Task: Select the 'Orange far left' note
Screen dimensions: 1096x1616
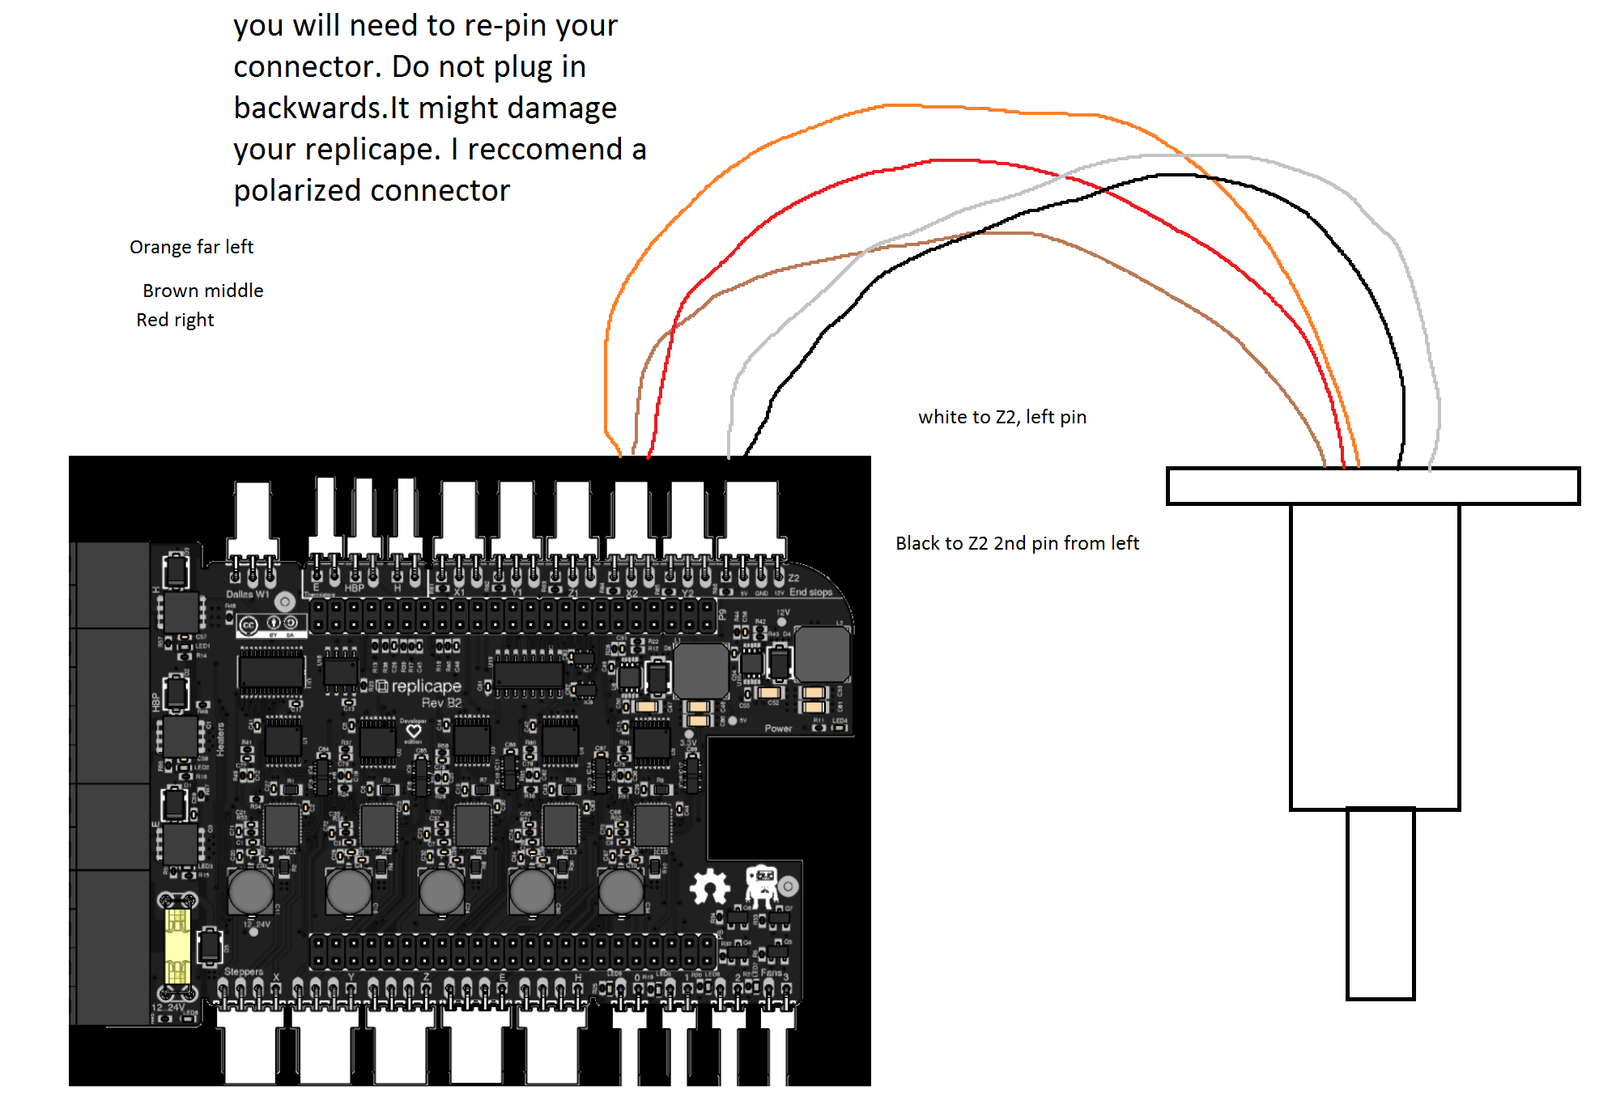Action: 191,247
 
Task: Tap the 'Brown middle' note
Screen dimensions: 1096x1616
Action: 202,291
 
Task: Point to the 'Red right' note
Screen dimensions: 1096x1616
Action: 175,320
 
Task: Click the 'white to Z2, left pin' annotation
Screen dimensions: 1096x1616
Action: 1001,417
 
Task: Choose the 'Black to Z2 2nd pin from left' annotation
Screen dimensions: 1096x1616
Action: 1017,543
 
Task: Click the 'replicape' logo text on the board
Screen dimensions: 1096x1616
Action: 426,686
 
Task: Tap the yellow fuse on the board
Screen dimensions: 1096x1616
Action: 177,945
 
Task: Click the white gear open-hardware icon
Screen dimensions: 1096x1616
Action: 710,886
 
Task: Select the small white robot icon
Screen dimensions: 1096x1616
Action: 761,884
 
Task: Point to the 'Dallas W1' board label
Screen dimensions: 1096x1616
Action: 247,594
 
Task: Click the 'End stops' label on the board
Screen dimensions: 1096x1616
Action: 810,592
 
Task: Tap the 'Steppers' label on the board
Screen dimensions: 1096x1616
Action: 244,971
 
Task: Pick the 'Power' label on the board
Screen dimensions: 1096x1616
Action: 778,729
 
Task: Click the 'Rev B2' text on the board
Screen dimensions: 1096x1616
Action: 441,703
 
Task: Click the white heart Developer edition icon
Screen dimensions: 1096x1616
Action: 413,731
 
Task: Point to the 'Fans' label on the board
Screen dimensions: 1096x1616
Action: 771,972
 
